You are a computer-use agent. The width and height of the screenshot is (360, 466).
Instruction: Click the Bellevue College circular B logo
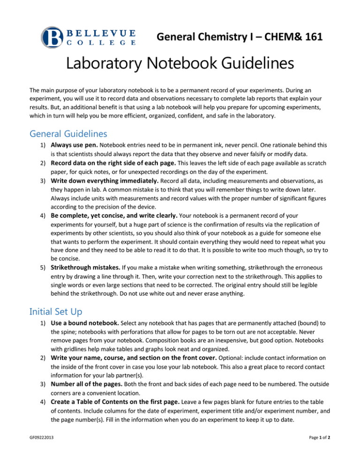click(x=52, y=37)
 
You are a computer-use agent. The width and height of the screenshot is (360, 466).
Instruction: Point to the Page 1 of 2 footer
click(x=330, y=451)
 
